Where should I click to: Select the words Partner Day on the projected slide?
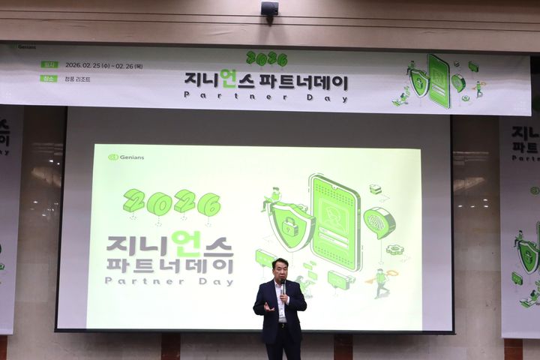pyautogui.click(x=169, y=281)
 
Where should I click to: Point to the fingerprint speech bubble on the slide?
pyautogui.click(x=379, y=223)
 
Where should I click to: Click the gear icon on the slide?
pyautogui.click(x=394, y=250)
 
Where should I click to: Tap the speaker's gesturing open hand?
pyautogui.click(x=267, y=307)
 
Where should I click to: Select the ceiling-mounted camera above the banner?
pyautogui.click(x=269, y=10)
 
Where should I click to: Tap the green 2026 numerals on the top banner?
pyautogui.click(x=267, y=58)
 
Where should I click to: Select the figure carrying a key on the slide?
pyautogui.click(x=381, y=281)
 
